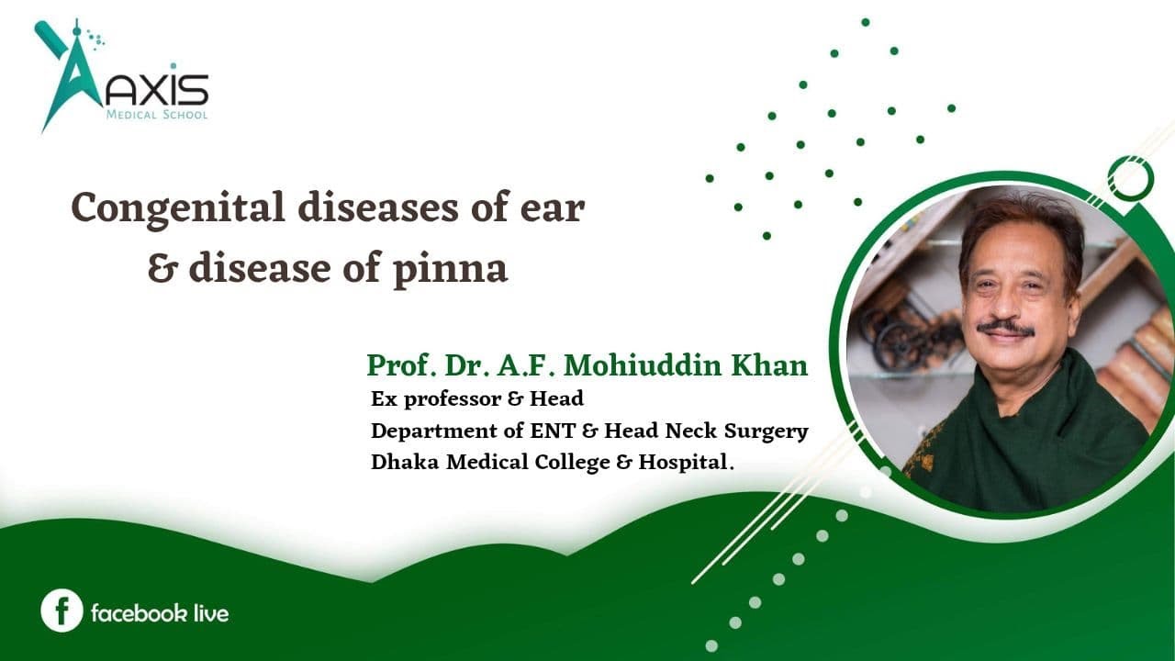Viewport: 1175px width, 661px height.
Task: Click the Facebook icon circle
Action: pos(62,611)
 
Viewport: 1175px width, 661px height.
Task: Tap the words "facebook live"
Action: pos(160,612)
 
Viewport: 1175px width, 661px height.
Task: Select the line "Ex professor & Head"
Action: pos(477,399)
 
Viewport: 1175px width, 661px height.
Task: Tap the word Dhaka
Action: pos(405,462)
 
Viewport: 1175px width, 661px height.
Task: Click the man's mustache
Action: pos(1005,328)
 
